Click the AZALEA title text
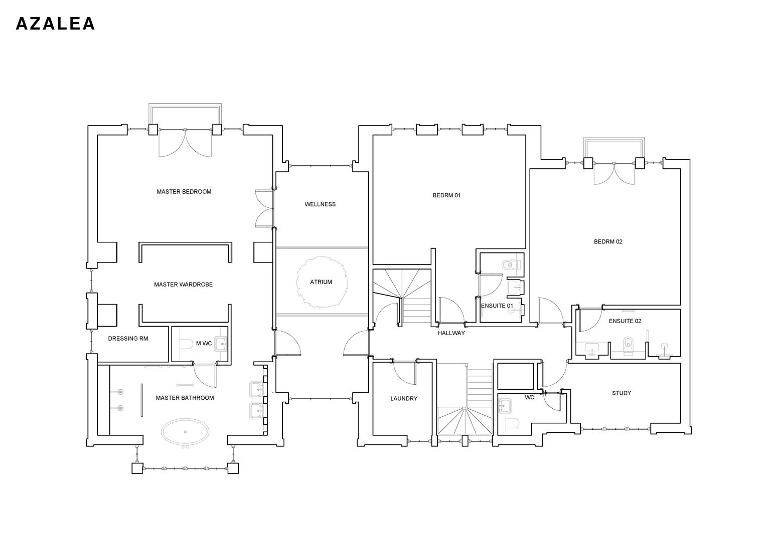[x=55, y=24]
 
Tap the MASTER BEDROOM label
[x=184, y=192]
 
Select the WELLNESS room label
[x=320, y=204]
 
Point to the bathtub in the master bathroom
[x=186, y=432]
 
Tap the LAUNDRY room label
[x=404, y=399]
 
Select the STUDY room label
[x=621, y=393]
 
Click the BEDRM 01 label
[x=446, y=195]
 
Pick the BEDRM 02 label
[x=608, y=242]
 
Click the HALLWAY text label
[x=451, y=333]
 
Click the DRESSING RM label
[x=128, y=339]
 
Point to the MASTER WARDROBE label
[x=183, y=285]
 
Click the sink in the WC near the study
[x=504, y=405]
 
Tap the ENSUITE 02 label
[x=625, y=321]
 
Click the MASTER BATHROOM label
[x=185, y=398]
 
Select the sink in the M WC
[x=221, y=344]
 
